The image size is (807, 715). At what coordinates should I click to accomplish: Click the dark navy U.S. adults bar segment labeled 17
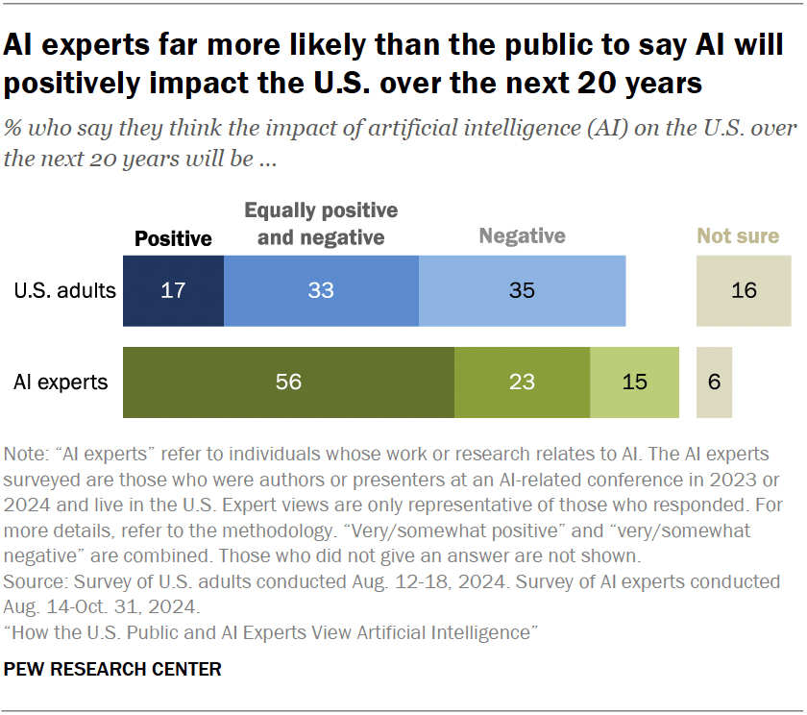[173, 290]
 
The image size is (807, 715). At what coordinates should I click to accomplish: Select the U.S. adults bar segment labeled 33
[321, 290]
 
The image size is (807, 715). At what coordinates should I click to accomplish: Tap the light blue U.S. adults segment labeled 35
[522, 290]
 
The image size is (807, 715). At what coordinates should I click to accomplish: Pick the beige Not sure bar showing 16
[744, 290]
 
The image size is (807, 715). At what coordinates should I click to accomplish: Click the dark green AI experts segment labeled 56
[288, 382]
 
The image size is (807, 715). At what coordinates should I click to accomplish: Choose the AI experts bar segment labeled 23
[522, 382]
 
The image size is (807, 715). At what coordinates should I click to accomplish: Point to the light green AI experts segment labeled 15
[634, 382]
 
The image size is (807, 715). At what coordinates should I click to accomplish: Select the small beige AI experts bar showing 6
[714, 382]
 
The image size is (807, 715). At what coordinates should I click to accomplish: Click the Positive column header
[173, 238]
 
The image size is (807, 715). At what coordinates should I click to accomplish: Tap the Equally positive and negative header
[321, 223]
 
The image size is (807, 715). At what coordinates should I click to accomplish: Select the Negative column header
[522, 235]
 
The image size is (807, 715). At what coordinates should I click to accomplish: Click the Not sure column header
[738, 235]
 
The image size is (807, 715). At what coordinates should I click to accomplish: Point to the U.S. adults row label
[64, 290]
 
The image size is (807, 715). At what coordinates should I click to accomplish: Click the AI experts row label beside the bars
[61, 382]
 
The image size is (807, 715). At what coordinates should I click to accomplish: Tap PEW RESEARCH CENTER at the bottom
[112, 669]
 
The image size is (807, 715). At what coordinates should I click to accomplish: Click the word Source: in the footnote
[34, 582]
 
